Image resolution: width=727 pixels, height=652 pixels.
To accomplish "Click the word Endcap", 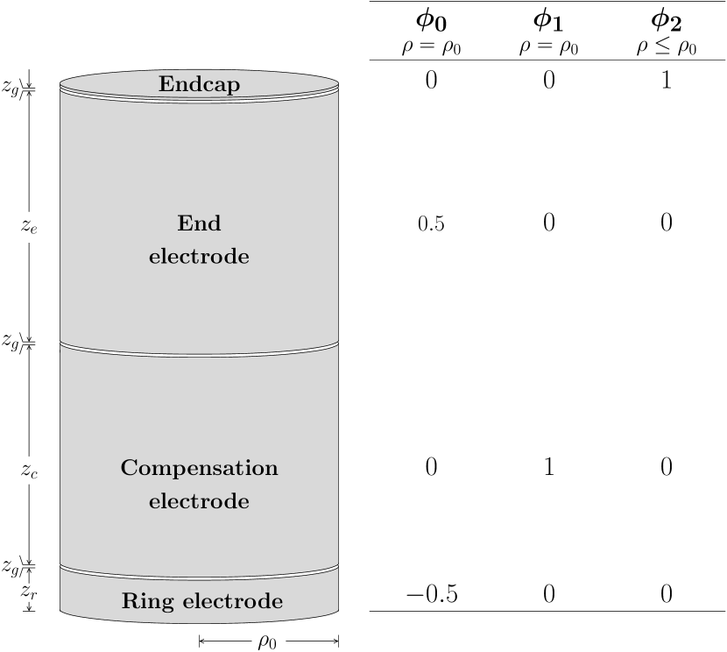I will tap(199, 84).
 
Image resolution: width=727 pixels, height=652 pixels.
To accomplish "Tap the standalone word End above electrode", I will tap(199, 223).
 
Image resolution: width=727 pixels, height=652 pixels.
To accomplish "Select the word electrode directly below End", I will tap(199, 257).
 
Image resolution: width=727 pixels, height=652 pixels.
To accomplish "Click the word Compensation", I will tap(199, 468).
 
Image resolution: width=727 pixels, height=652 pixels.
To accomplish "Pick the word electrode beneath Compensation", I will tap(199, 501).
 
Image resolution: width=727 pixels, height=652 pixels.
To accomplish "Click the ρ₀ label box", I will tap(268, 641).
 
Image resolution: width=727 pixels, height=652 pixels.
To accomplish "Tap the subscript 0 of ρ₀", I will tap(273, 644).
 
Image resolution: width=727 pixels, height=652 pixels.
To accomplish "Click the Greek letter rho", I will tap(264, 641).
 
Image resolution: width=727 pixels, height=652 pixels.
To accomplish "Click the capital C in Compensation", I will tap(129, 467).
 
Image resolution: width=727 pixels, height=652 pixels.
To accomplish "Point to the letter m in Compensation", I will tap(159, 468).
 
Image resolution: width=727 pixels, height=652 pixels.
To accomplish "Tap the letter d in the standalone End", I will tap(213, 223).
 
